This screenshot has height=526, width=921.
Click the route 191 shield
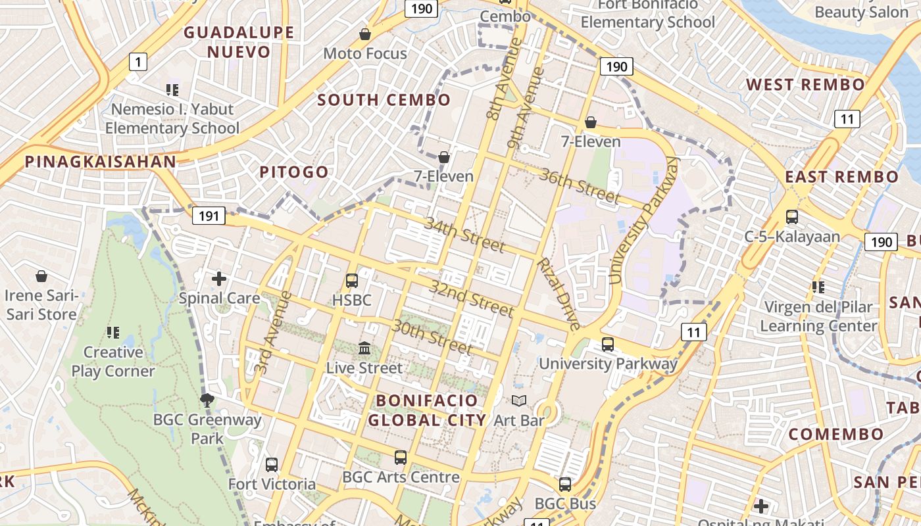click(x=209, y=216)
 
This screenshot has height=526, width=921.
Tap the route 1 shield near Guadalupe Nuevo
click(x=137, y=62)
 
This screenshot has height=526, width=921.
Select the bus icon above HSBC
click(x=352, y=281)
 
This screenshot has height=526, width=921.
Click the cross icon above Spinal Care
click(x=219, y=279)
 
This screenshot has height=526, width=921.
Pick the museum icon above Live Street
click(x=364, y=348)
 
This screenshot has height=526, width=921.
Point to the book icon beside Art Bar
click(x=519, y=400)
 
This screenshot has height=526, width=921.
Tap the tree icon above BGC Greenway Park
click(x=207, y=399)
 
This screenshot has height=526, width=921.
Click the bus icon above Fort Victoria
click(x=272, y=465)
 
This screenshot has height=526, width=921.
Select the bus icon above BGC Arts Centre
click(x=400, y=457)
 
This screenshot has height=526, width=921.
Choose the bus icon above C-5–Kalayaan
click(x=792, y=216)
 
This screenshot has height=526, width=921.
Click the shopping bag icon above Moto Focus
click(x=365, y=34)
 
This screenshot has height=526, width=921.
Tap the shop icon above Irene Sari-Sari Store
click(x=41, y=276)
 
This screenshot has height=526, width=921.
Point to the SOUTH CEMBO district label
click(x=384, y=101)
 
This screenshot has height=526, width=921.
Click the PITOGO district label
click(x=293, y=172)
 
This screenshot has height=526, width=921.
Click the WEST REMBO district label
click(x=805, y=85)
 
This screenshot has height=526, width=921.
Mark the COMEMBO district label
click(x=836, y=435)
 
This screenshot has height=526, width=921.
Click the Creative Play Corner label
click(x=112, y=362)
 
